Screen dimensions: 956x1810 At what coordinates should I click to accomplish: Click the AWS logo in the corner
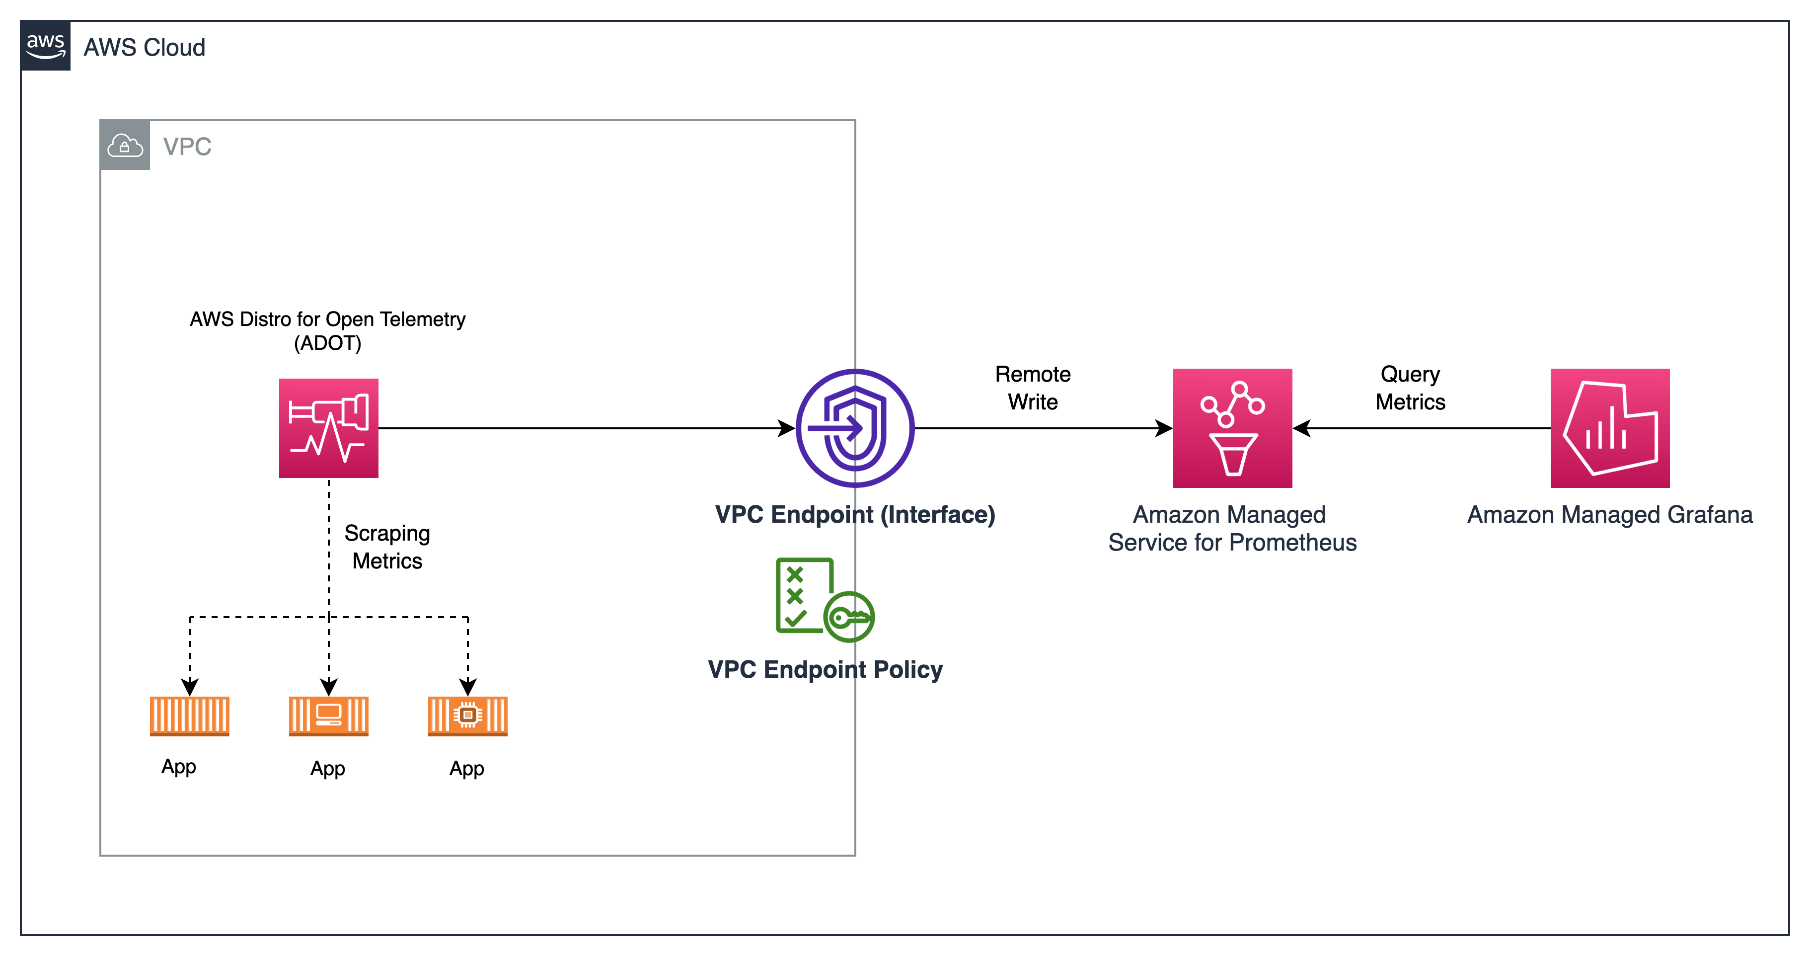(45, 46)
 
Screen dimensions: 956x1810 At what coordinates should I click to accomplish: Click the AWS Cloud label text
(144, 48)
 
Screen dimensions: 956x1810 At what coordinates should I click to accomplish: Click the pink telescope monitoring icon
(328, 428)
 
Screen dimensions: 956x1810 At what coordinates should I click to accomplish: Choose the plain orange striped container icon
(189, 716)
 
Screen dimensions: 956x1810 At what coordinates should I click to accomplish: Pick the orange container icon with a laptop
(328, 716)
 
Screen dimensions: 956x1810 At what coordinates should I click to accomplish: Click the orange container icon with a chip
(467, 716)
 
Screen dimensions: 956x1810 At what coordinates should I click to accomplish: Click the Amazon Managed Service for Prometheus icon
(1232, 428)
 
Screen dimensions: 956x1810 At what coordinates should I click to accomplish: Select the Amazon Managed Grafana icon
(1610, 428)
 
